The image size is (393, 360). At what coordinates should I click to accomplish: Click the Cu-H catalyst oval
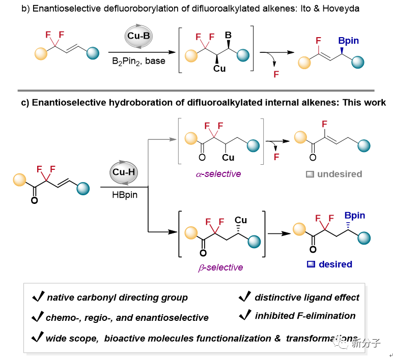point(123,172)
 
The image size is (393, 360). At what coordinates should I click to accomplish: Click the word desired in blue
point(335,264)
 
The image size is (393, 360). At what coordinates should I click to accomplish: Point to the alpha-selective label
point(218,174)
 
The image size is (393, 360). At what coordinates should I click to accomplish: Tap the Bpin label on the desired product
point(354,216)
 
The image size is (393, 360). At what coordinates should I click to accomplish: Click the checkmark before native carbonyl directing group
point(38,297)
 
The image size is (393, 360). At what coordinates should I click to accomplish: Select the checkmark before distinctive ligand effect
point(244,297)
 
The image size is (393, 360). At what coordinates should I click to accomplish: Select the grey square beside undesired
point(309,174)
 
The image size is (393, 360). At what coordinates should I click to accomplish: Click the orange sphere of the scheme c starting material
point(20,180)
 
